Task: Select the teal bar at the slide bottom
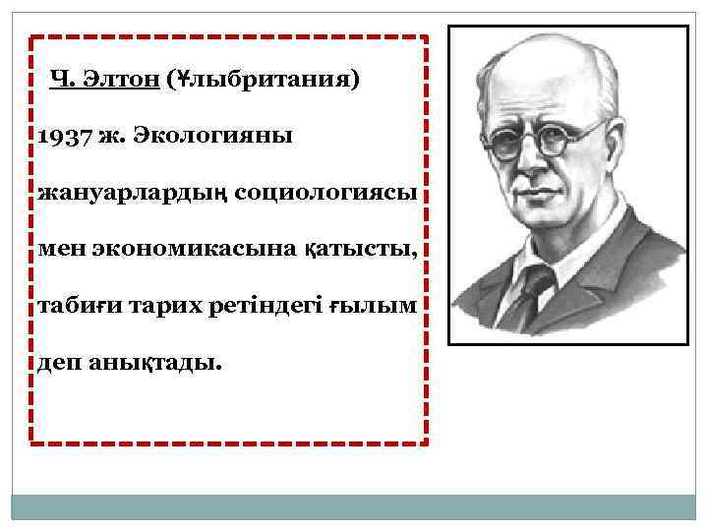(353, 507)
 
